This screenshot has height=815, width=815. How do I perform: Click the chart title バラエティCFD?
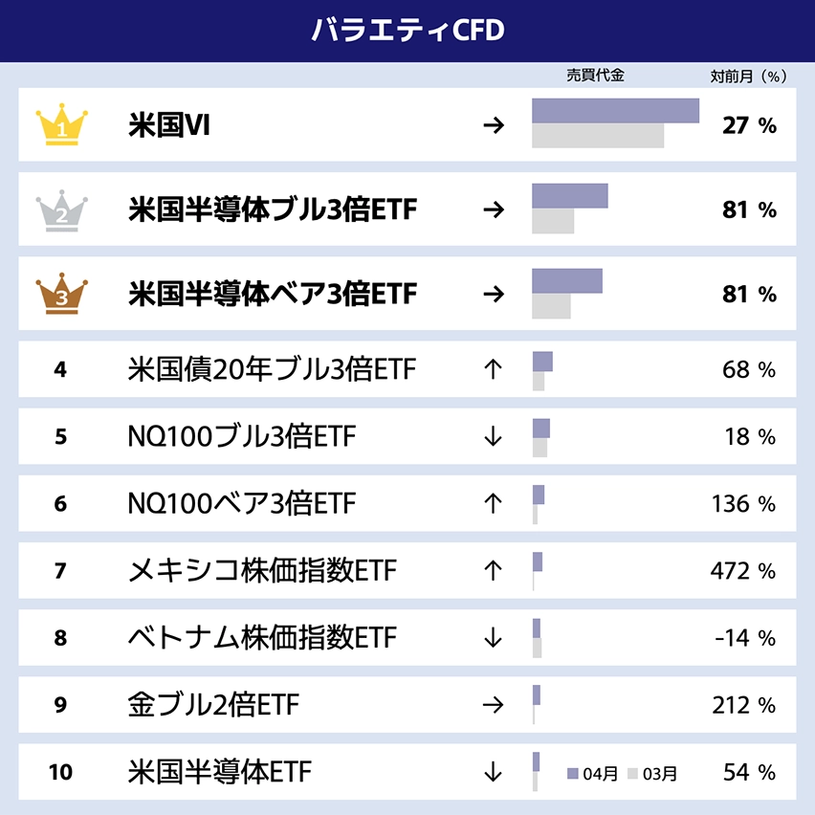(407, 30)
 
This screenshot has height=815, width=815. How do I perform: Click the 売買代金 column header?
(595, 75)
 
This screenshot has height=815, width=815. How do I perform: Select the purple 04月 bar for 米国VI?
(615, 111)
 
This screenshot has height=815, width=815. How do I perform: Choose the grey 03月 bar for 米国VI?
(598, 136)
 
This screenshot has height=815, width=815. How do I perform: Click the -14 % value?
(745, 638)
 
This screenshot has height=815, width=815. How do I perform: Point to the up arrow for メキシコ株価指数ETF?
(493, 571)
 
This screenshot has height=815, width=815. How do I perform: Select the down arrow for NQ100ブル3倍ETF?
(493, 437)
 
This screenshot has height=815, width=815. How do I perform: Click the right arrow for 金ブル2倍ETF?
(493, 705)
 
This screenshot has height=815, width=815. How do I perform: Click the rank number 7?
(61, 571)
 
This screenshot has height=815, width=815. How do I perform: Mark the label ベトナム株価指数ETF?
(261, 638)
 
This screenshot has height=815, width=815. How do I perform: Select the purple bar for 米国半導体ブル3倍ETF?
(569, 196)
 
